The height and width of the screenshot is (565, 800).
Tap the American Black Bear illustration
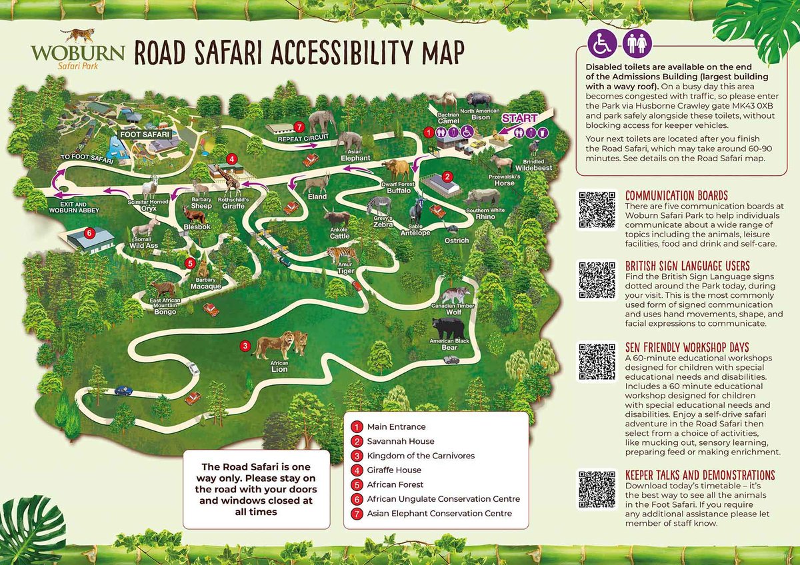pyautogui.click(x=445, y=327)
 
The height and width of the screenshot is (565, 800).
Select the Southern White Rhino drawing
pyautogui.click(x=482, y=197)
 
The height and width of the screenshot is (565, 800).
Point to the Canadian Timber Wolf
pyautogui.click(x=455, y=294)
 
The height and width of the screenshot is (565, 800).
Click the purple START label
pyautogui.click(x=519, y=119)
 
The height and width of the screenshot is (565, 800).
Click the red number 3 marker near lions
pyautogui.click(x=245, y=345)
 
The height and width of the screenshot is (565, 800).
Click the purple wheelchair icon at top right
pyautogui.click(x=599, y=45)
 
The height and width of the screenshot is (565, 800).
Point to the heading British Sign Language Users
pyautogui.click(x=687, y=265)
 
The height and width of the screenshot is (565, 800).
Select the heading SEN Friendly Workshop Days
pyautogui.click(x=687, y=347)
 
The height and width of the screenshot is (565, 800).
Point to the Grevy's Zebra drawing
pyautogui.click(x=379, y=205)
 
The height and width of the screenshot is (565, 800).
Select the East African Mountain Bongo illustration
pyautogui.click(x=164, y=290)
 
